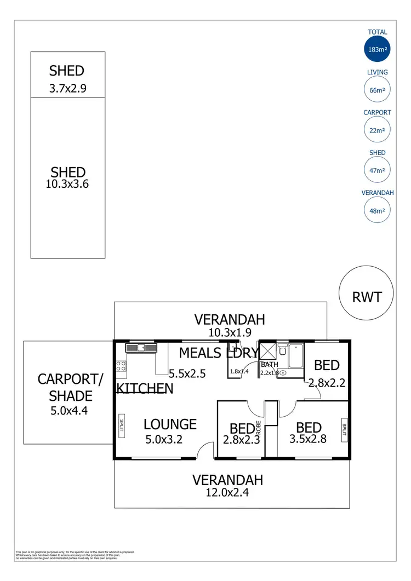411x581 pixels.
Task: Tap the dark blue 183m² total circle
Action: [378, 49]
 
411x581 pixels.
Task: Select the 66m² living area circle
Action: [378, 90]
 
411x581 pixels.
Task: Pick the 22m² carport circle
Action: [378, 130]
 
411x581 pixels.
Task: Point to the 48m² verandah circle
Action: [378, 210]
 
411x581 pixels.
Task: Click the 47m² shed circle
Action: [378, 170]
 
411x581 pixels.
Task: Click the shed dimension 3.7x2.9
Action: [67, 87]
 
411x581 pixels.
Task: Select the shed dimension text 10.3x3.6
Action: [67, 184]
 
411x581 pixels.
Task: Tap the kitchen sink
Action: [141, 347]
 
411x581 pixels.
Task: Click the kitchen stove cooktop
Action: [121, 366]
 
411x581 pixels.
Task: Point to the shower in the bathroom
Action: [267, 351]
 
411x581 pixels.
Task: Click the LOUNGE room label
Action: [170, 424]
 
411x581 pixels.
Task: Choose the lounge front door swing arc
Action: [204, 449]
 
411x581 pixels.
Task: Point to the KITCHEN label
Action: [145, 388]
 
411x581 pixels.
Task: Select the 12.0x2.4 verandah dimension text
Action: [227, 492]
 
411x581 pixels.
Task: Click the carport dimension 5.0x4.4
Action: [65, 409]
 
